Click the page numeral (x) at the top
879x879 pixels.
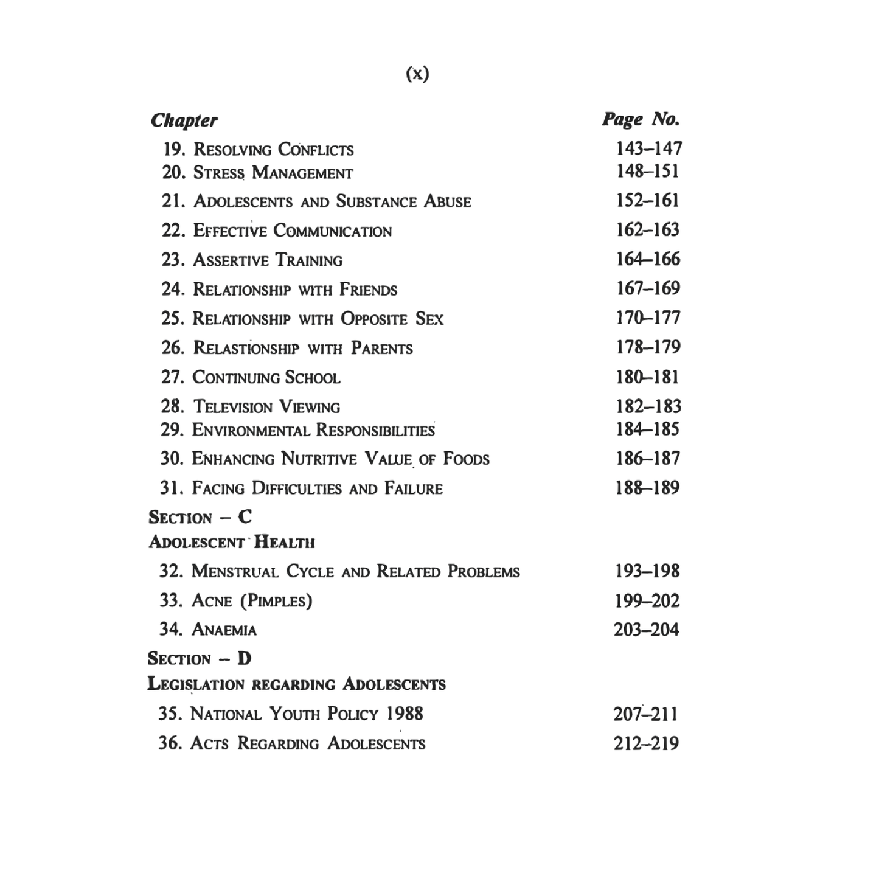tap(417, 74)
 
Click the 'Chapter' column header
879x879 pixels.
tap(184, 120)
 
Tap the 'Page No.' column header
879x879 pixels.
tap(641, 119)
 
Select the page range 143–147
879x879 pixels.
tap(648, 148)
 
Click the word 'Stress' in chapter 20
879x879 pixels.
tap(219, 173)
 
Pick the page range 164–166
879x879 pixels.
tap(648, 260)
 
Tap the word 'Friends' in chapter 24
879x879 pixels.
tap(368, 290)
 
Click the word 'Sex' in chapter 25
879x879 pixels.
tap(429, 319)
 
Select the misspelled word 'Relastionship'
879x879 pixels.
tap(246, 349)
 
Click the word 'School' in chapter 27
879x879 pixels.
tap(313, 378)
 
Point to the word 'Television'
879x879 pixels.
tap(233, 407)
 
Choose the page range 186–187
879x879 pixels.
tap(648, 459)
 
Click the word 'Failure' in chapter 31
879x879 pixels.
tap(414, 488)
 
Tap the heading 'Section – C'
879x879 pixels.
tap(200, 518)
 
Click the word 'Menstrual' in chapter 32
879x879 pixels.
tap(235, 572)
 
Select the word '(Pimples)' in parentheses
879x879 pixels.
tap(276, 602)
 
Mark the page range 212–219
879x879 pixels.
tap(646, 743)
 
